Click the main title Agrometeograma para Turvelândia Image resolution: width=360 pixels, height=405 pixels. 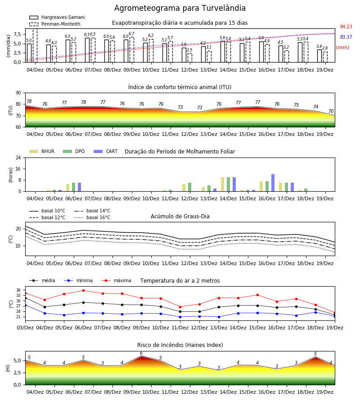(x=180, y=8)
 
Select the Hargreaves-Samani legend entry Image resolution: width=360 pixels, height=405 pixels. (x=57, y=17)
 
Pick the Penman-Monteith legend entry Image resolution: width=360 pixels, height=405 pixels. (x=55, y=24)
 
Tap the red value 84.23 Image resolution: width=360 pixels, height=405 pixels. (x=346, y=27)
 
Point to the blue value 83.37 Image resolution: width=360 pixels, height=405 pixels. (x=346, y=37)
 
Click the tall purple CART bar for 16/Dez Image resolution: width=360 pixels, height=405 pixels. (x=273, y=183)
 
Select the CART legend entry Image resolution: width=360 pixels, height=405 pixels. (x=106, y=151)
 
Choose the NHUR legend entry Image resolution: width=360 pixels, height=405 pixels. (x=42, y=151)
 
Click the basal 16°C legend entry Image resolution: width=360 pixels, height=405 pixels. (x=92, y=217)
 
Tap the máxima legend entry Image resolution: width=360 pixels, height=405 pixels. (x=116, y=280)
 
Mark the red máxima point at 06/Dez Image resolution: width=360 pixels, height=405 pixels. (x=83, y=290)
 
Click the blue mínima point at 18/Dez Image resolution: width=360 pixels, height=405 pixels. (x=315, y=312)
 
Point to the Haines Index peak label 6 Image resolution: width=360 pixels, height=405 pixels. (x=141, y=353)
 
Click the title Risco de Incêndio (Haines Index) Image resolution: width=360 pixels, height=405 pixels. (x=180, y=345)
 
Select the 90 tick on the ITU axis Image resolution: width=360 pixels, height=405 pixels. (x=18, y=93)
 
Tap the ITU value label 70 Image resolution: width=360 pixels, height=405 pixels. (x=331, y=111)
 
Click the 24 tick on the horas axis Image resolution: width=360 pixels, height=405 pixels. (x=18, y=157)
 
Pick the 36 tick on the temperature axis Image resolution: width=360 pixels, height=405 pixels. (x=18, y=290)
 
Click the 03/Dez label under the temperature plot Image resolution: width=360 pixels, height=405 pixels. (x=25, y=328)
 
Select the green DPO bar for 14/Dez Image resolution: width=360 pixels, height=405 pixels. (x=228, y=184)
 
